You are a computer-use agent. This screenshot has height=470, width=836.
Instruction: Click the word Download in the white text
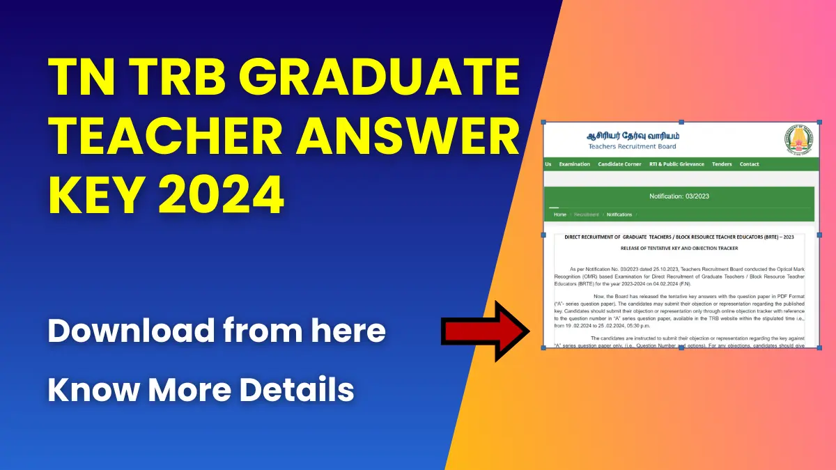pos(129,331)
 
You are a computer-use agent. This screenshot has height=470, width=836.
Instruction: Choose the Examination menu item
pos(575,164)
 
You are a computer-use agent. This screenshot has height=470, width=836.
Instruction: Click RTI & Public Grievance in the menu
pos(676,164)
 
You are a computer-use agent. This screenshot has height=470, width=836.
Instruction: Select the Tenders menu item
pos(722,164)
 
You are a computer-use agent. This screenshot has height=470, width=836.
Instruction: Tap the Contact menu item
pos(750,164)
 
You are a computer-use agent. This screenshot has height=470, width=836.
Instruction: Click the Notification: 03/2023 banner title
pos(679,196)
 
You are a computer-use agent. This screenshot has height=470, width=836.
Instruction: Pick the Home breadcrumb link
pos(560,214)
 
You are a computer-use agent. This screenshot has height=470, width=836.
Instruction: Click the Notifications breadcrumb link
pos(619,214)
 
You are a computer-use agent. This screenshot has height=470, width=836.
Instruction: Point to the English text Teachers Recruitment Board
pos(632,146)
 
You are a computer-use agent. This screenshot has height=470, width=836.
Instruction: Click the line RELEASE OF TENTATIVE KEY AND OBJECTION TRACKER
pos(679,249)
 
